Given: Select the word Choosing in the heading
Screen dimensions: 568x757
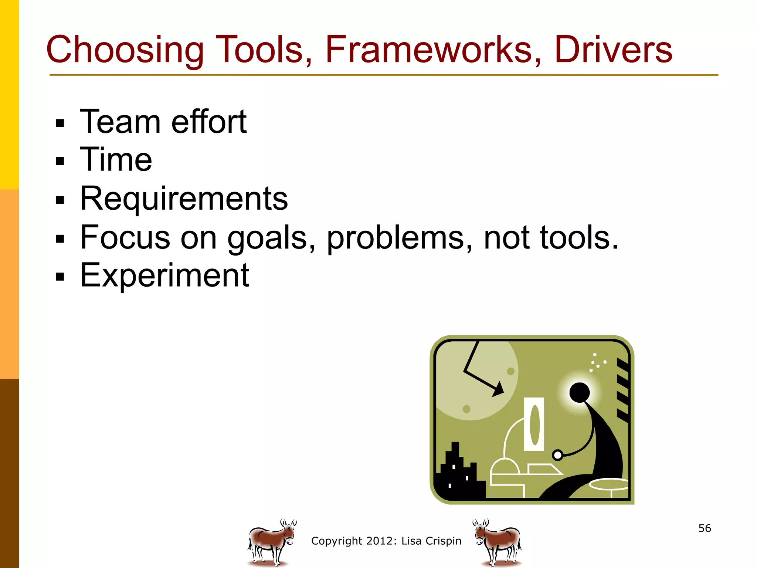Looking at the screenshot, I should point(125,50).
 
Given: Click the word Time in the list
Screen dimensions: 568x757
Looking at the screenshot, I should point(116,160).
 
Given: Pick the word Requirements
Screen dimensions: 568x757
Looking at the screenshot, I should point(184,199).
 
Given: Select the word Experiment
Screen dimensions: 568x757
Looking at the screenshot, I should point(164,275).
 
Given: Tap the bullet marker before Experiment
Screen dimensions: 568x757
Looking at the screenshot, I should point(60,277).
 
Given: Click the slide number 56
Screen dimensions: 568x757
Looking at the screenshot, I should point(705,528).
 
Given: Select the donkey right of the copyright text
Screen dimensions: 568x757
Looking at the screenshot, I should point(497,542).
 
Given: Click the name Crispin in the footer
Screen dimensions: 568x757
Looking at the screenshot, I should point(443,541).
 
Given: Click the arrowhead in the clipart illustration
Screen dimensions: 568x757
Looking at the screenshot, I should point(499,389).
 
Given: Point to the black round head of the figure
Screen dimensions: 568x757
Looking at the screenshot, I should point(579,393).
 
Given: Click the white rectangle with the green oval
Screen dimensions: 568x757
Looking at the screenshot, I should point(534,424).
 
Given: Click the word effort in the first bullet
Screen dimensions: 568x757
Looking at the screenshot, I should point(209,122).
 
